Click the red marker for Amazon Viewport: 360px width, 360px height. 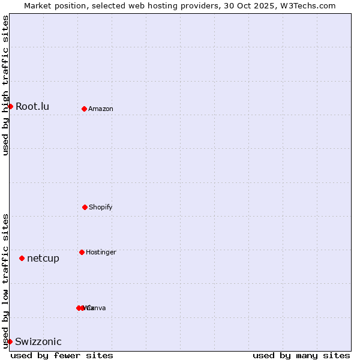click(x=84, y=109)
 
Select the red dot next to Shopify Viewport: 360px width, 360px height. click(x=85, y=207)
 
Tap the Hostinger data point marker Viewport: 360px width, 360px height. click(x=82, y=252)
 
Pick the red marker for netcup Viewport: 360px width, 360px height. click(x=22, y=258)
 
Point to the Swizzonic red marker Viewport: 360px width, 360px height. click(x=10, y=341)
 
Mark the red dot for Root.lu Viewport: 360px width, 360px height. click(x=10, y=106)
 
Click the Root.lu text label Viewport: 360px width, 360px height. click(x=32, y=107)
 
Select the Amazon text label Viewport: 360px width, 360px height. click(x=101, y=109)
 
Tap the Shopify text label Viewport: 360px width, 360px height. click(x=101, y=208)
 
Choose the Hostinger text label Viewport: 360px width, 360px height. click(x=101, y=253)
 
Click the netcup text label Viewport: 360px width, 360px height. click(x=43, y=259)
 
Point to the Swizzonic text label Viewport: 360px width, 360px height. click(x=38, y=342)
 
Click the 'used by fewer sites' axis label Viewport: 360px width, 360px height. click(x=62, y=355)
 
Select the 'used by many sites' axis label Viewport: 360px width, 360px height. click(x=301, y=355)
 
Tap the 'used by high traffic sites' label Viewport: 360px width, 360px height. click(x=5, y=85)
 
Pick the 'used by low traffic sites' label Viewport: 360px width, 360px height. click(x=5, y=281)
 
